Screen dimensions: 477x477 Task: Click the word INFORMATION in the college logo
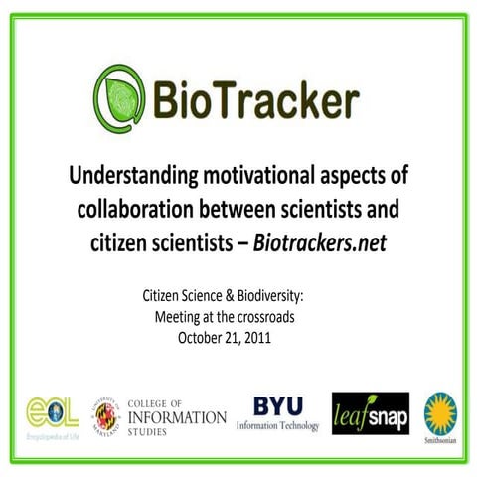coord(177,417)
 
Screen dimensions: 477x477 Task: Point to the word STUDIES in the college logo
coord(152,432)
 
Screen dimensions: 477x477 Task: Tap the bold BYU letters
coord(277,406)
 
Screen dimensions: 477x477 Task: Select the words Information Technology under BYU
coord(277,426)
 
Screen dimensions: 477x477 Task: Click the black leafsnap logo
coord(371,413)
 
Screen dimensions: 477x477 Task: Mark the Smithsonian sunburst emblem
coord(440,410)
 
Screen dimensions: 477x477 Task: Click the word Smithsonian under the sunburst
coord(440,437)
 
